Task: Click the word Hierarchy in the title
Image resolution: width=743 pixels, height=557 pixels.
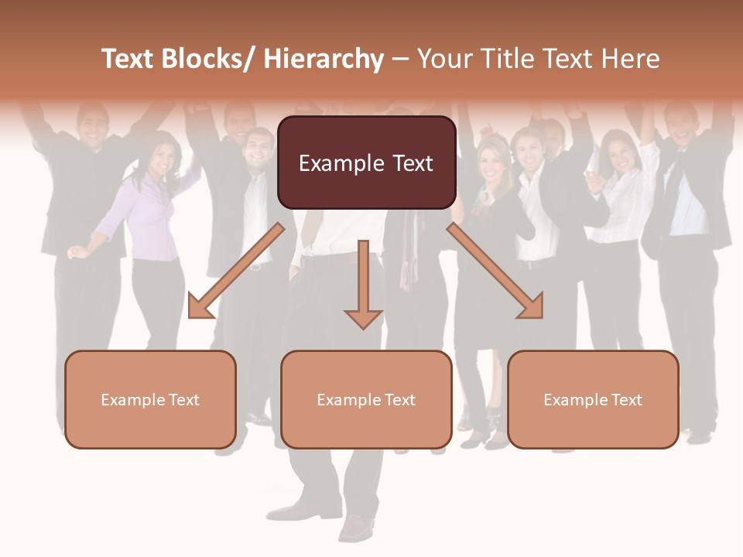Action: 323,59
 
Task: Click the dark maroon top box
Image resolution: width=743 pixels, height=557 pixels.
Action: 366,162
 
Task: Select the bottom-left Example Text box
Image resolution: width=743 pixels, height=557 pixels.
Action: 150,399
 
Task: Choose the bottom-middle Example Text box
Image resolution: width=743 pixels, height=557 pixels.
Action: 366,399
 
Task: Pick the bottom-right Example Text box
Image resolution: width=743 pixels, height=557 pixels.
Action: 593,399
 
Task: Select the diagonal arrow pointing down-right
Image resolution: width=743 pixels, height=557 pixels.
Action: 495,271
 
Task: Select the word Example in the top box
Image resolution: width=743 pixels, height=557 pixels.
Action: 340,163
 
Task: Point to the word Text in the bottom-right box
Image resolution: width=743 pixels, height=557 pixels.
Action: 625,400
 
